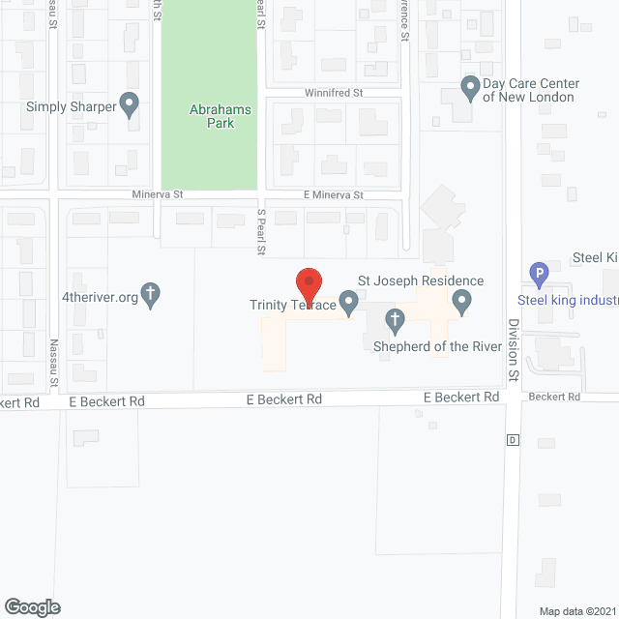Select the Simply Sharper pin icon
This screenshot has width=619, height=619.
tap(130, 104)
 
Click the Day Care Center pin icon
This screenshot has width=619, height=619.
tap(470, 89)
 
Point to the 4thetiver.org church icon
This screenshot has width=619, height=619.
tap(150, 294)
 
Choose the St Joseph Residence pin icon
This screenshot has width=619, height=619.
tap(462, 304)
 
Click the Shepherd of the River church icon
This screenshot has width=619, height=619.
tap(395, 319)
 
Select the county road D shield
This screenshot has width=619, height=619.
tap(513, 440)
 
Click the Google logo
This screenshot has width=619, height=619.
tap(31, 606)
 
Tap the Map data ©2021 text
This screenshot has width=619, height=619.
tap(575, 610)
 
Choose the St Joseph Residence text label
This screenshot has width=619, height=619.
tap(421, 281)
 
